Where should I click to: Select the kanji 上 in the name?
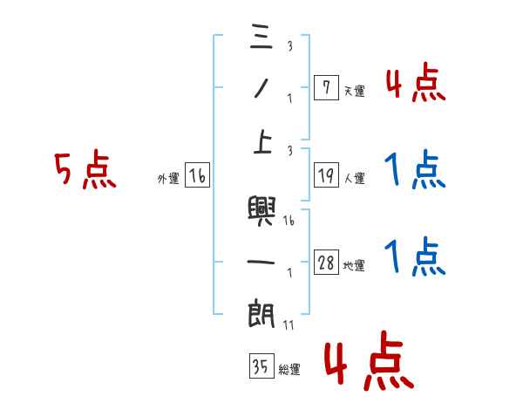point(261,142)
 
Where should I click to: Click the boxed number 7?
point(325,86)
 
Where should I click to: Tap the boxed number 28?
point(326,262)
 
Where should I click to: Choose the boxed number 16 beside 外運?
point(197,176)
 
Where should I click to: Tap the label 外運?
point(167,179)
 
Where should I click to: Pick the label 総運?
point(289,370)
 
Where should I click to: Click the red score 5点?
point(85,171)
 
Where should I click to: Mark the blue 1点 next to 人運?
point(415,169)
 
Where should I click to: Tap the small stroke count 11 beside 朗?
point(288,325)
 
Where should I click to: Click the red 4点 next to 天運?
point(415,84)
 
